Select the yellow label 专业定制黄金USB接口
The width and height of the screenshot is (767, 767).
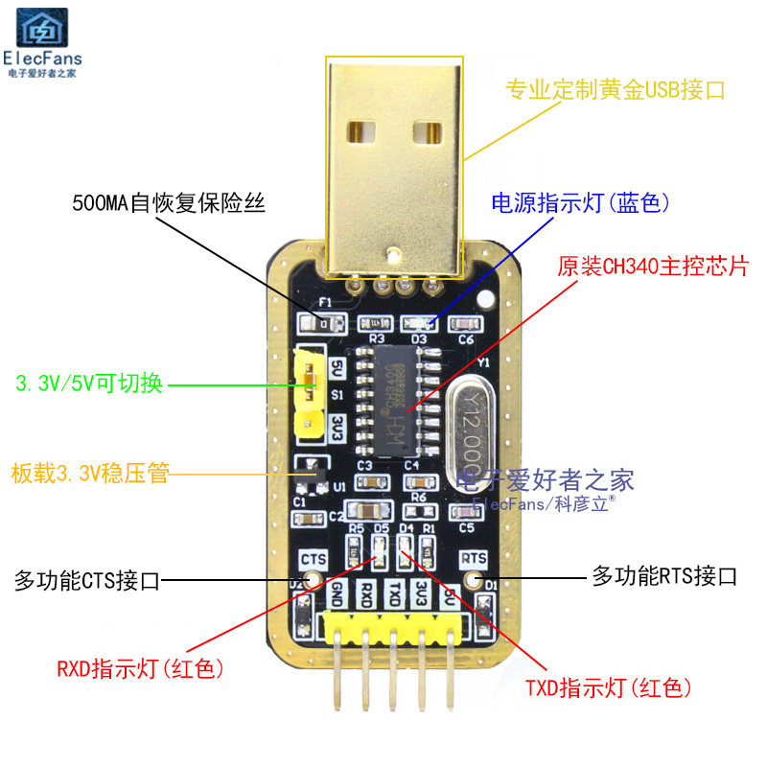click(615, 91)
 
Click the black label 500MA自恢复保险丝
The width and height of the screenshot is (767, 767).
click(168, 203)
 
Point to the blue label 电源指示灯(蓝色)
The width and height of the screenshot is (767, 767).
click(579, 203)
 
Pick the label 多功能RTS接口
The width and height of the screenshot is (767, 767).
click(664, 576)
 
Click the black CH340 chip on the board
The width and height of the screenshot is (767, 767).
click(394, 402)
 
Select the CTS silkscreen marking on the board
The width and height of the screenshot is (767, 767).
click(314, 558)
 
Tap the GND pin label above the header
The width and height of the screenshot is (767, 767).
click(337, 594)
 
